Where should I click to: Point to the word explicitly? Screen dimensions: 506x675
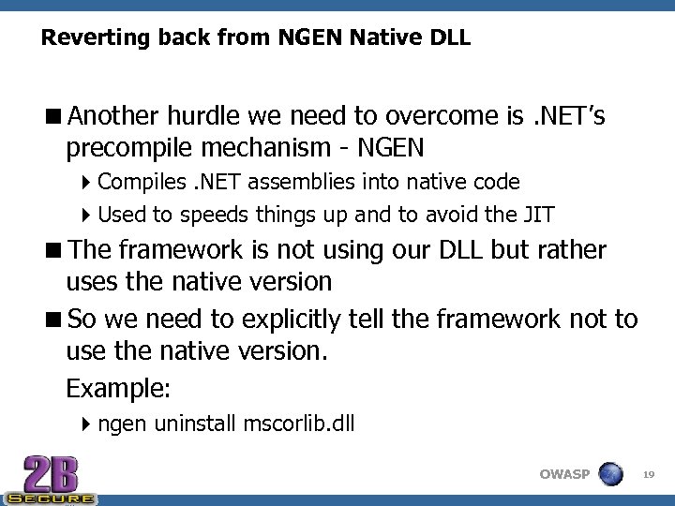(282, 320)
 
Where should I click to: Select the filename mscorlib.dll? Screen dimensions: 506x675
(298, 424)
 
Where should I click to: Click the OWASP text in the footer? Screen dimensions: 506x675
(564, 474)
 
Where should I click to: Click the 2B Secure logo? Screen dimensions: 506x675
(49, 480)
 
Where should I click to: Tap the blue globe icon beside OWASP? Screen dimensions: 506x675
(610, 473)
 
